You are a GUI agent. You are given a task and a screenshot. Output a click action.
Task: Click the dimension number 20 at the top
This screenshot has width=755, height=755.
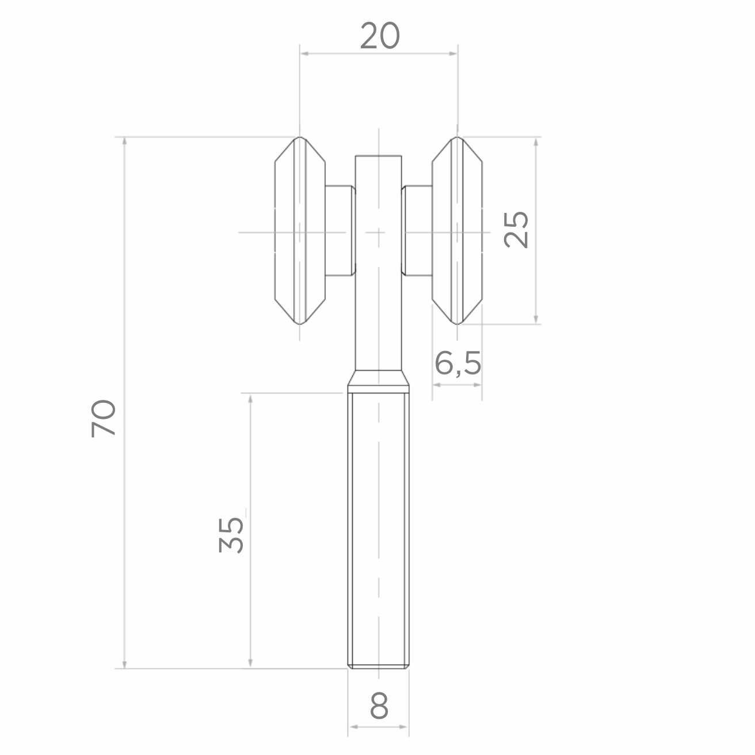pos(380,36)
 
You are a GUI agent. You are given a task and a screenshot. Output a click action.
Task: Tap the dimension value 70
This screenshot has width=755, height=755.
pos(104,418)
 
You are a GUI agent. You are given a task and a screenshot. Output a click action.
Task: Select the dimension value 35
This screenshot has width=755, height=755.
pos(231,535)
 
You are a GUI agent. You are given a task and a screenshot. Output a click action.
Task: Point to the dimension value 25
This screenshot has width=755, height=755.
pos(516,230)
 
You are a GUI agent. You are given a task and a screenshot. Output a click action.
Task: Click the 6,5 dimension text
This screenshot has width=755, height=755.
pos(457,363)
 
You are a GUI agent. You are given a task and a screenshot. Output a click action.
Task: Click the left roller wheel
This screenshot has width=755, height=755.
pos(300,231)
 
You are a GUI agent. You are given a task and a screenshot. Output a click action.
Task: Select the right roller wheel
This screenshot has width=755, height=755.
pos(457,231)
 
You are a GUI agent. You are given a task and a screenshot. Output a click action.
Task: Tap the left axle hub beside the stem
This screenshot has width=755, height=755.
pos(340,231)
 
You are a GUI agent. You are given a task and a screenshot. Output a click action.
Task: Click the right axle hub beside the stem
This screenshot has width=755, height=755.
pos(417,231)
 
